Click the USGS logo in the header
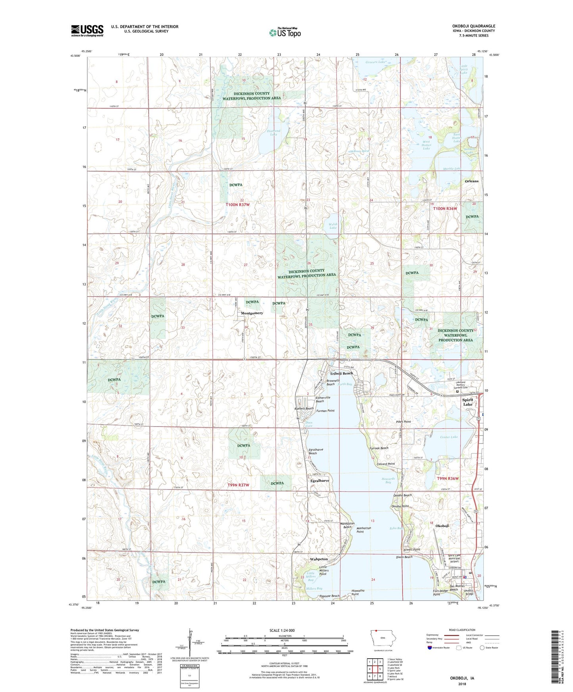(x=87, y=31)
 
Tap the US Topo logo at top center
(x=285, y=32)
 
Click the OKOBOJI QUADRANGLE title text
(x=473, y=26)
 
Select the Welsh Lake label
(x=333, y=226)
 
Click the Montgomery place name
(x=252, y=313)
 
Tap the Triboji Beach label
(x=341, y=373)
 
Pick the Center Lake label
(x=449, y=437)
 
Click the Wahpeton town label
(x=319, y=559)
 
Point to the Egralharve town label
(x=320, y=481)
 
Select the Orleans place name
(x=471, y=181)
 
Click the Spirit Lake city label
(x=468, y=402)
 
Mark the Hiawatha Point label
(x=360, y=592)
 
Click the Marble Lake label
(x=452, y=169)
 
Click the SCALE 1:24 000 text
(x=282, y=630)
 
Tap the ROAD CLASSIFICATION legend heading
(x=462, y=630)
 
